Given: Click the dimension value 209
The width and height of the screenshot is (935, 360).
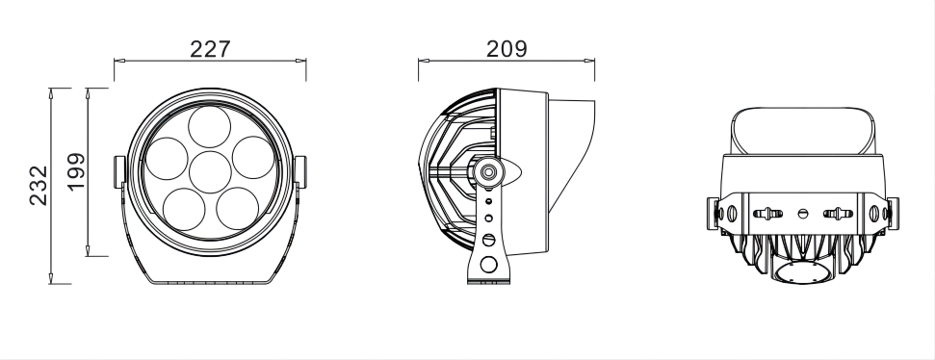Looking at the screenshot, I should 506,49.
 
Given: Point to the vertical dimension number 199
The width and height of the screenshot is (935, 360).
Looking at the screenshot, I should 77,170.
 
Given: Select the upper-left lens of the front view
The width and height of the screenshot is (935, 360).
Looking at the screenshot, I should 167,156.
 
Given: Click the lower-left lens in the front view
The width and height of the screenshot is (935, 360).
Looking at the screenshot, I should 183,205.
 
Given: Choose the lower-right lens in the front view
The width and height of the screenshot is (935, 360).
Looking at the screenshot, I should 237,205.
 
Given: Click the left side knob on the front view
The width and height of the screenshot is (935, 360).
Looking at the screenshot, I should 120,171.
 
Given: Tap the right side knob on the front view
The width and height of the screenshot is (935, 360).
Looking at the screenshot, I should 299,171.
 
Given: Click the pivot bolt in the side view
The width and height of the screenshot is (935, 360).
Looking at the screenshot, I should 489,171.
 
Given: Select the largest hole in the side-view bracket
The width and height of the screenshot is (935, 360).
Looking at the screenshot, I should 489,264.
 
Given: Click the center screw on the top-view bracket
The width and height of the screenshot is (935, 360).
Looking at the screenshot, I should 803,212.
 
